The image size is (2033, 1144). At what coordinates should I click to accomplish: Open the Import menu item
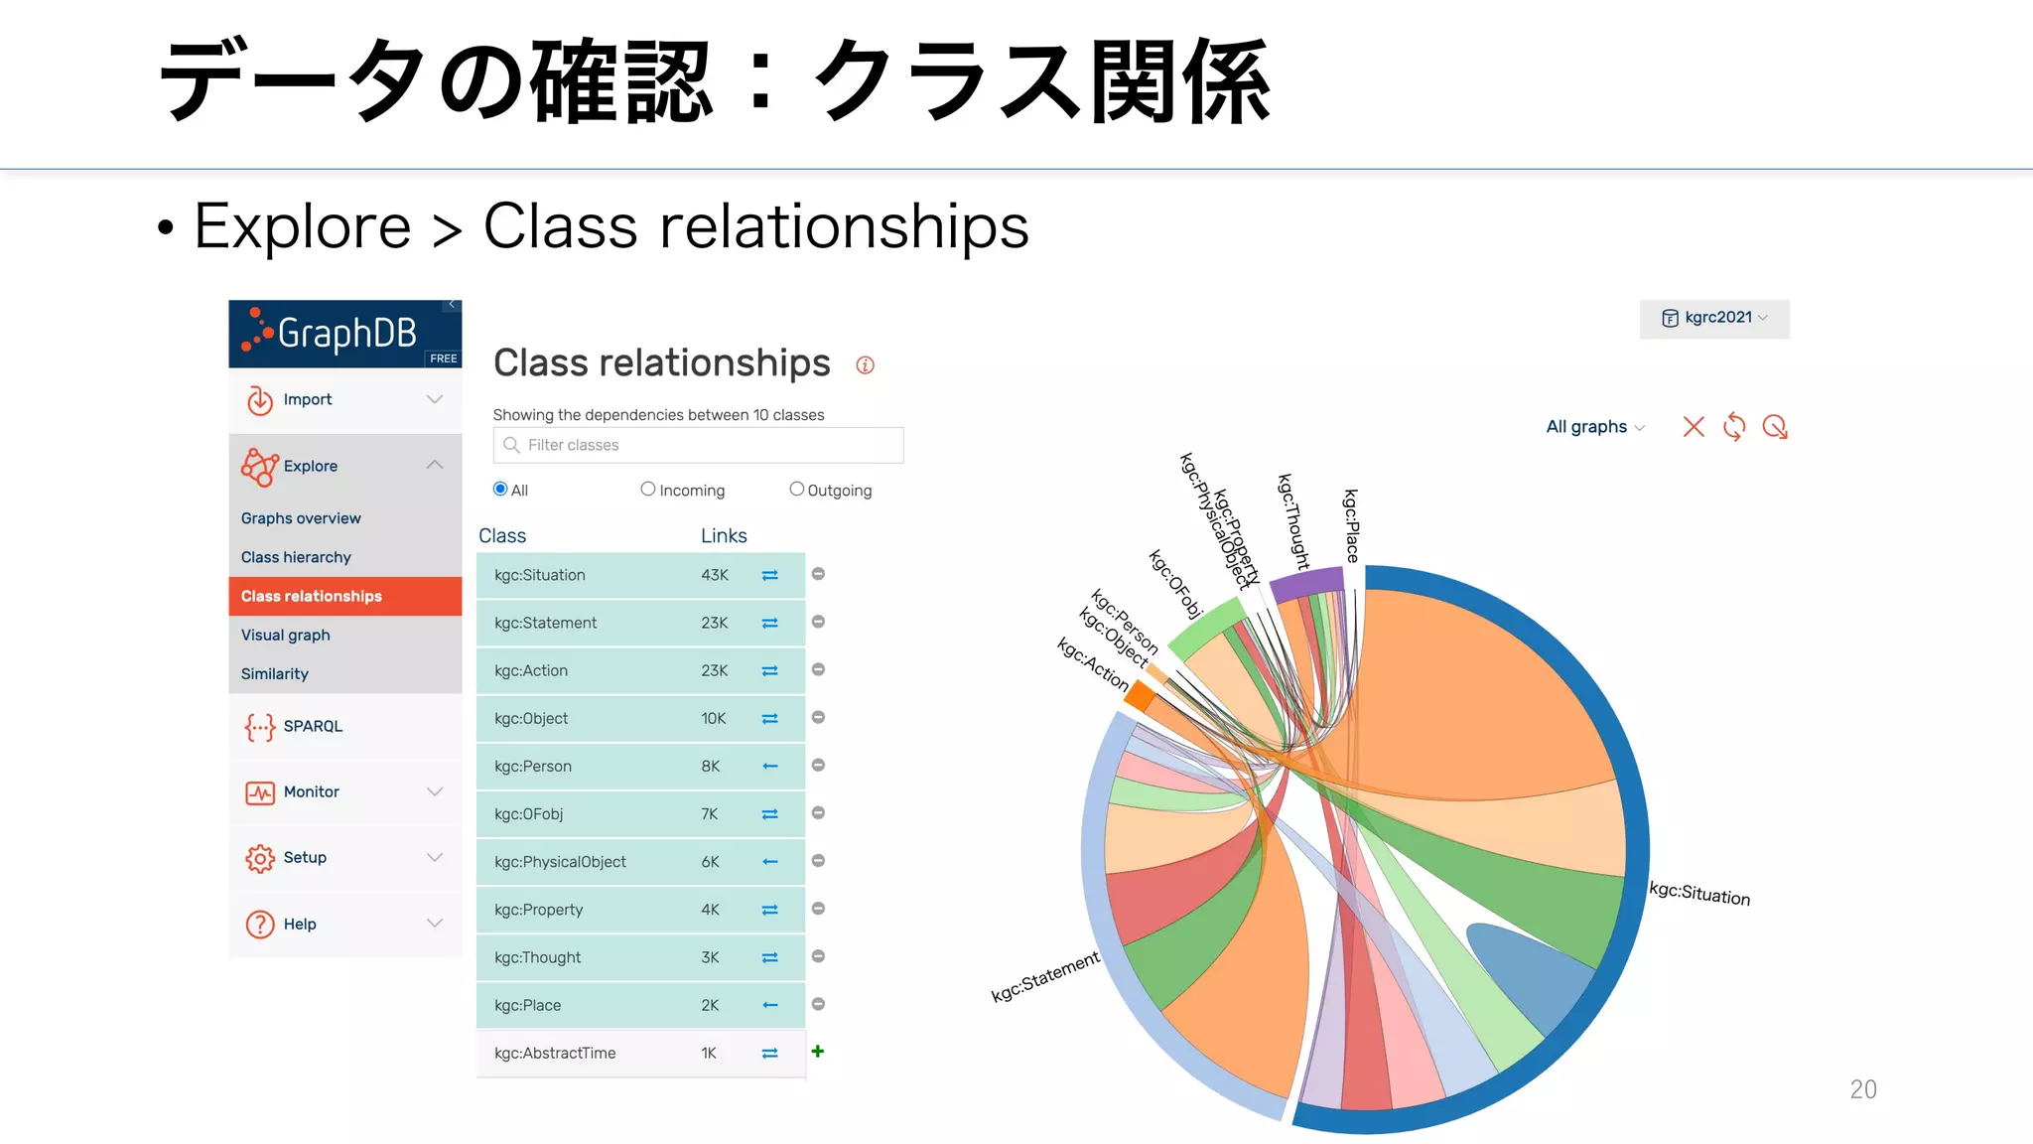308,399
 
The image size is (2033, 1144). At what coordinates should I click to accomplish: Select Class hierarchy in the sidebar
296,557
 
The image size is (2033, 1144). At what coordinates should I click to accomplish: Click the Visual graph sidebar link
286,635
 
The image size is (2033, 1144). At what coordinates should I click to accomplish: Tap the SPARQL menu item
313,726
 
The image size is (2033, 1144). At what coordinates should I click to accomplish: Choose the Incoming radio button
648,490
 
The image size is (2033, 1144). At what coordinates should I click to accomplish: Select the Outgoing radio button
796,490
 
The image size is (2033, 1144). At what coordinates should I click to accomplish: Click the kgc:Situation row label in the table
540,575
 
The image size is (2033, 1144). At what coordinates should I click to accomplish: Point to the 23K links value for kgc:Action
715,670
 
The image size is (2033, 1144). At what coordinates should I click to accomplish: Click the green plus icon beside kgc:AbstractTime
818,1051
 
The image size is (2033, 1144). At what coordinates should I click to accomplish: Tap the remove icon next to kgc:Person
818,766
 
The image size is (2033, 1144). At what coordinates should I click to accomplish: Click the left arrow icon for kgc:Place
769,1005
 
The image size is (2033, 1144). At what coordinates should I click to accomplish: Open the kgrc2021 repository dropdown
1714,318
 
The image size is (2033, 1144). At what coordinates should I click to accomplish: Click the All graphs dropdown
1594,427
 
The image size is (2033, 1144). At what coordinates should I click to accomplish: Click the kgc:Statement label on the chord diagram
1045,976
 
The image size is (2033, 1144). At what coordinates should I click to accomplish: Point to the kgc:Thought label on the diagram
1293,521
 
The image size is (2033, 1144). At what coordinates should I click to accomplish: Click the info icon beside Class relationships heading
865,365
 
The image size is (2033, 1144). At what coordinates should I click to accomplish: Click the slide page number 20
1863,1089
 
